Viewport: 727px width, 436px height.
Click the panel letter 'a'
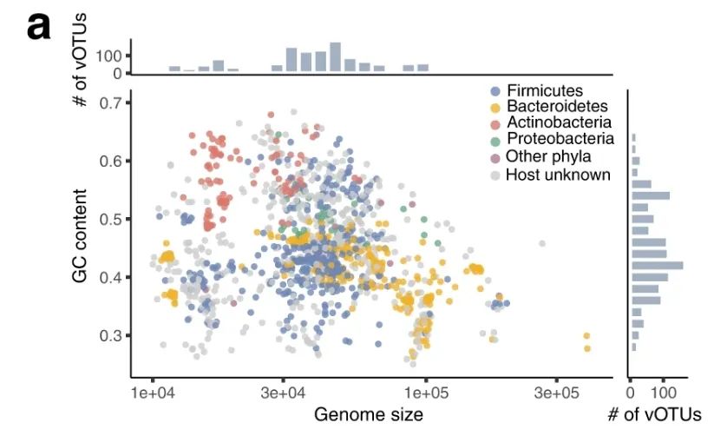click(x=39, y=27)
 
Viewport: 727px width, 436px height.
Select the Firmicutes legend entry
click(x=544, y=91)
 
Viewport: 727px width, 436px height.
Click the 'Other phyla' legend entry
click(x=548, y=157)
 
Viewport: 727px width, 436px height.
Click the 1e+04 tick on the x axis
click(x=153, y=393)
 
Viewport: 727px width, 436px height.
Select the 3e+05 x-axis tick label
click(x=556, y=393)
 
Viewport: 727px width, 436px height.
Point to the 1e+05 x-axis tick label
click(x=426, y=393)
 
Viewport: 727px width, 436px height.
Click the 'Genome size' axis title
click(x=369, y=414)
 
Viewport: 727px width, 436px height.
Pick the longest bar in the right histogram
click(x=657, y=265)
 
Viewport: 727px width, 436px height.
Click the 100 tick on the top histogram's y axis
click(x=114, y=56)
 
